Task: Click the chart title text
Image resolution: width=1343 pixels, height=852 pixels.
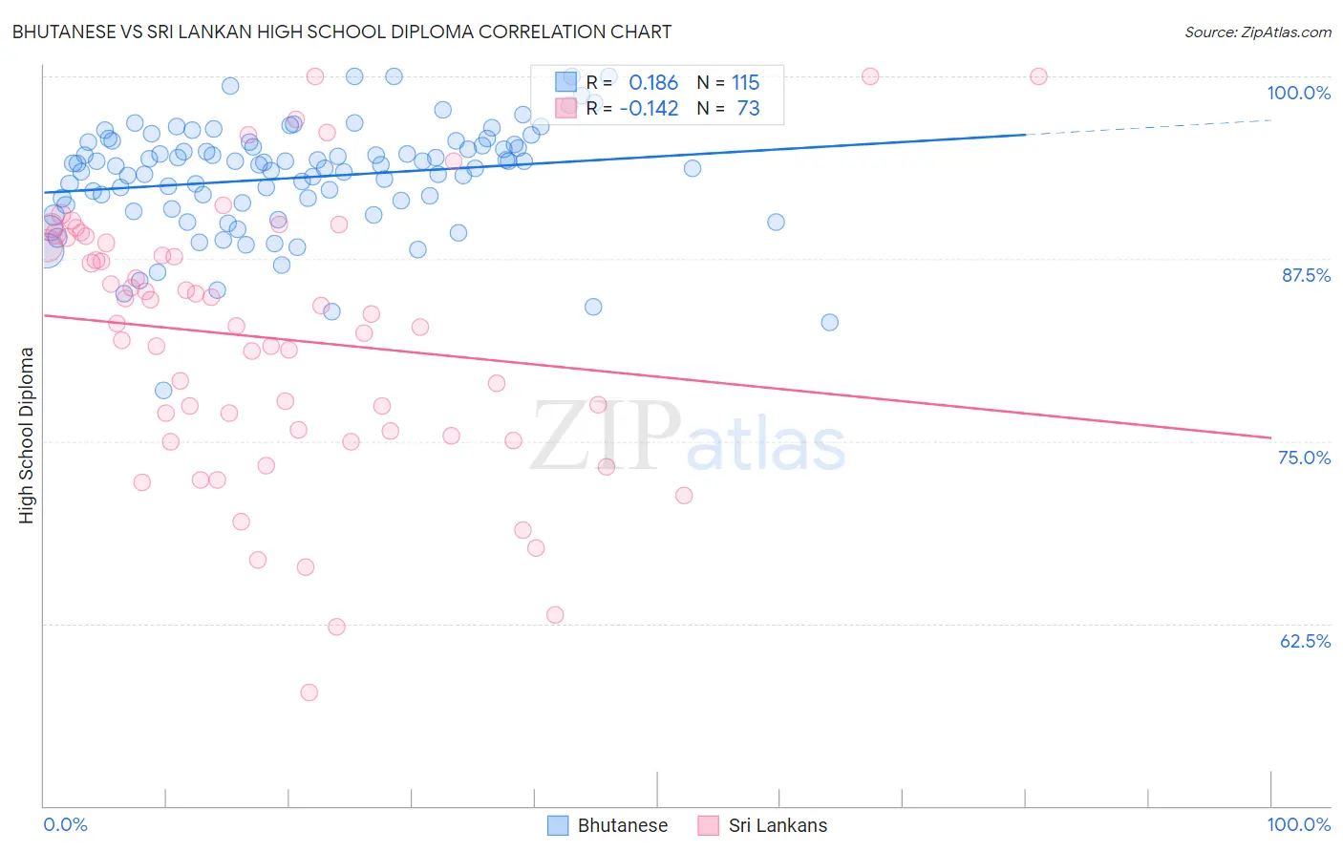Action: [x=343, y=32]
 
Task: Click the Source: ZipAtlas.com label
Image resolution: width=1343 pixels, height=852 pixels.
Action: [x=1257, y=32]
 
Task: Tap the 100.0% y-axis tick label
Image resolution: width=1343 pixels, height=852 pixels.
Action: [x=1298, y=93]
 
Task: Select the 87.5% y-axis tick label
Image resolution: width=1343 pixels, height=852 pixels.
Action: [x=1306, y=275]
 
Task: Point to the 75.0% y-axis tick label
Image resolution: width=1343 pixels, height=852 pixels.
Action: [x=1304, y=458]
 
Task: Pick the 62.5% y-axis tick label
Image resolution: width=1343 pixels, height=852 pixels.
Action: [x=1305, y=641]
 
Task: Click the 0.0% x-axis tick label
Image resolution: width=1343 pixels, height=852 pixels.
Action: [x=66, y=824]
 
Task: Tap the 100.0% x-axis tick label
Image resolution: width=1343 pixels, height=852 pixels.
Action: [x=1298, y=824]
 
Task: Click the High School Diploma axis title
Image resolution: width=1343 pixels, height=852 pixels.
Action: [x=27, y=435]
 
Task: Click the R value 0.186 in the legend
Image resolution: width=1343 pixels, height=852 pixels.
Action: [x=653, y=83]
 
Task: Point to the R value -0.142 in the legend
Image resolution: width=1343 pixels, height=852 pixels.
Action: [x=649, y=109]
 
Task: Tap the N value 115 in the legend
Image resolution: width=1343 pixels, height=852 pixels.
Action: [x=746, y=83]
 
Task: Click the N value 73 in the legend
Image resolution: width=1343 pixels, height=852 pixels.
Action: [x=748, y=109]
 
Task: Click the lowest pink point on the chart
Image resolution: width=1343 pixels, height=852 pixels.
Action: [x=309, y=692]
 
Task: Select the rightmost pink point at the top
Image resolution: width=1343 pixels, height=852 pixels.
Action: [x=1038, y=76]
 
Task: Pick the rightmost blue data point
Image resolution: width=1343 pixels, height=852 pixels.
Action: [x=829, y=322]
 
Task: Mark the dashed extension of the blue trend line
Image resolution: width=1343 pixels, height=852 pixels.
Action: [x=1146, y=127]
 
